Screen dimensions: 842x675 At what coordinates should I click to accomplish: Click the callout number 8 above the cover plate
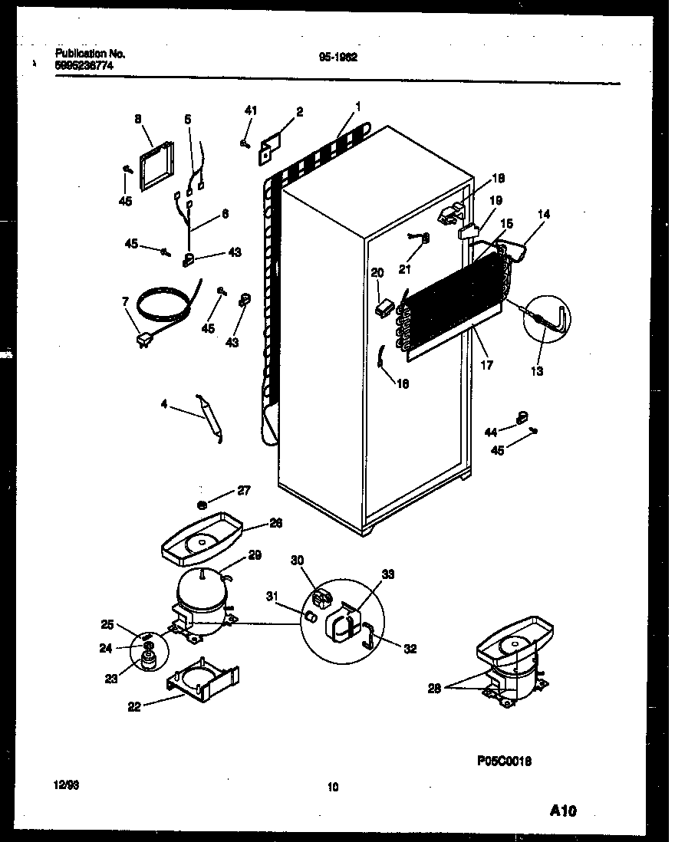pyautogui.click(x=138, y=119)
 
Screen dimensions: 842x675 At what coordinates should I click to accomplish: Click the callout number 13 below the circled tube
pyautogui.click(x=536, y=372)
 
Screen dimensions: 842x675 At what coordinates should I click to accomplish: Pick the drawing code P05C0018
pyautogui.click(x=504, y=761)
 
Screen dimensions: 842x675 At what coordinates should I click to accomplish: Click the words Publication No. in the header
pyautogui.click(x=90, y=54)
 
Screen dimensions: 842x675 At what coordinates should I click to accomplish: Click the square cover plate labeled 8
pyautogui.click(x=156, y=164)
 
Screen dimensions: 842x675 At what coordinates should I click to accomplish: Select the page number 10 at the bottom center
pyautogui.click(x=332, y=786)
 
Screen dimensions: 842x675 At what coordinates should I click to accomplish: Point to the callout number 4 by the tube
pyautogui.click(x=163, y=404)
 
